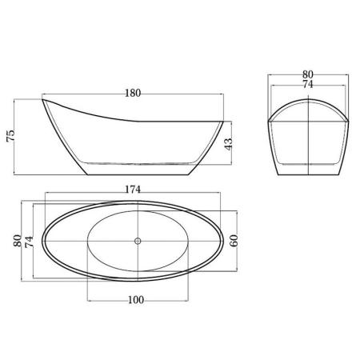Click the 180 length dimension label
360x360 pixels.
click(133, 93)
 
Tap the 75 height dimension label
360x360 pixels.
click(10, 136)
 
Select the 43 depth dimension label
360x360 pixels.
click(228, 144)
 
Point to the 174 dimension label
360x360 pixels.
click(133, 190)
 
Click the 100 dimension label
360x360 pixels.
click(136, 300)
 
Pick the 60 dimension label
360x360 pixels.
click(234, 241)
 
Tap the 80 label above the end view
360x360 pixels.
click(308, 74)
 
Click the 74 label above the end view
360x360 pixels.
click(308, 84)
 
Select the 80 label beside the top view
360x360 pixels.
click(18, 241)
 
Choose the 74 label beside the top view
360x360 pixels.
click(29, 242)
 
